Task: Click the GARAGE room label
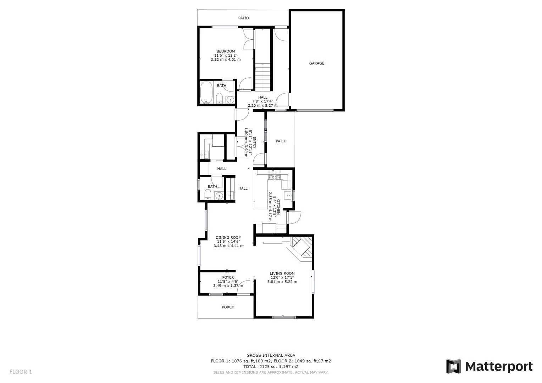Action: tap(316, 63)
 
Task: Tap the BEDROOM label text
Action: tap(226, 51)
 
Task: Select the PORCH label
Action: tap(228, 307)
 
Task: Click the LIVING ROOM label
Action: tap(282, 273)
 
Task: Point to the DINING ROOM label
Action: tap(228, 238)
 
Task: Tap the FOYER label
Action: tap(228, 277)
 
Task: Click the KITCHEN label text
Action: tap(278, 207)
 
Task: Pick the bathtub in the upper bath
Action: tap(206, 93)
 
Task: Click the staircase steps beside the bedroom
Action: tap(263, 77)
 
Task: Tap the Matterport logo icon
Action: tap(453, 367)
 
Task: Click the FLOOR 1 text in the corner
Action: tap(21, 372)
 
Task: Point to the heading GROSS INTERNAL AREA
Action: tap(271, 355)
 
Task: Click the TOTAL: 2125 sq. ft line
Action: tap(271, 366)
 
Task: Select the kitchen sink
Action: tap(288, 194)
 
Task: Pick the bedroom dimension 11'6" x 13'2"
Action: tap(226, 55)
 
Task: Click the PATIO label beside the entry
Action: tap(281, 141)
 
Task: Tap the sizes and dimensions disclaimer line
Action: tap(271, 372)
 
